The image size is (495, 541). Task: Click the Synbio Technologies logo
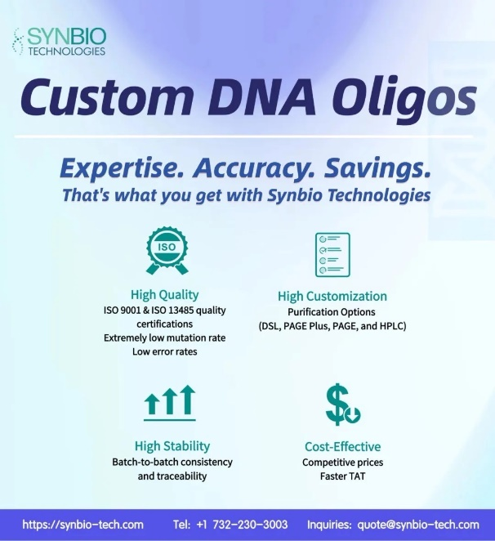(x=59, y=42)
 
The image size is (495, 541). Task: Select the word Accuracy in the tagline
(x=253, y=168)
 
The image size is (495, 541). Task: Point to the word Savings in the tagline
(x=377, y=168)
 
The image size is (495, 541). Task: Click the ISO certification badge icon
(x=167, y=251)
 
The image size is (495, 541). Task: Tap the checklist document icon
(x=332, y=255)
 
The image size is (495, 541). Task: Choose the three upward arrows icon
(x=170, y=403)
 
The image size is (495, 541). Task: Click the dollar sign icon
(x=342, y=404)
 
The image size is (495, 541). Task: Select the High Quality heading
(x=164, y=295)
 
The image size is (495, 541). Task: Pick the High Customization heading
(x=332, y=296)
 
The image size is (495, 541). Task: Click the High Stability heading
(x=172, y=445)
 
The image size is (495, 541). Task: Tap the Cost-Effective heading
(x=342, y=446)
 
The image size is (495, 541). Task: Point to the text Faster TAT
(x=342, y=476)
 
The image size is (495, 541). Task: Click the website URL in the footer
(x=82, y=525)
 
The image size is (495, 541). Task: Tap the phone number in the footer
(x=242, y=525)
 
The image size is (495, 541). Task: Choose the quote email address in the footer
(x=418, y=525)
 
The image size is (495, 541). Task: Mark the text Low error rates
(x=164, y=351)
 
